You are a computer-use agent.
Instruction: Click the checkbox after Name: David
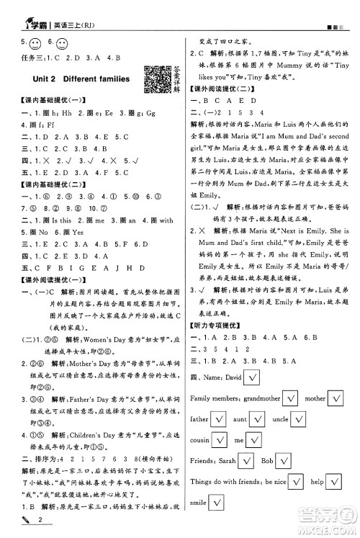pos(252,376)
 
